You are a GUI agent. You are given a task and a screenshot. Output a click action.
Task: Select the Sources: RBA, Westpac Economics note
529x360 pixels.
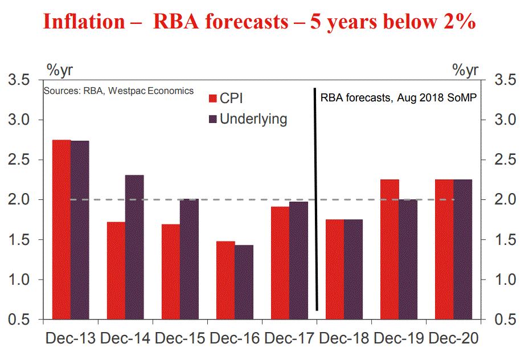(118, 91)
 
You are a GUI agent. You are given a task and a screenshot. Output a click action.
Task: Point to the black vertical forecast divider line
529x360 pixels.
(315, 199)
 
